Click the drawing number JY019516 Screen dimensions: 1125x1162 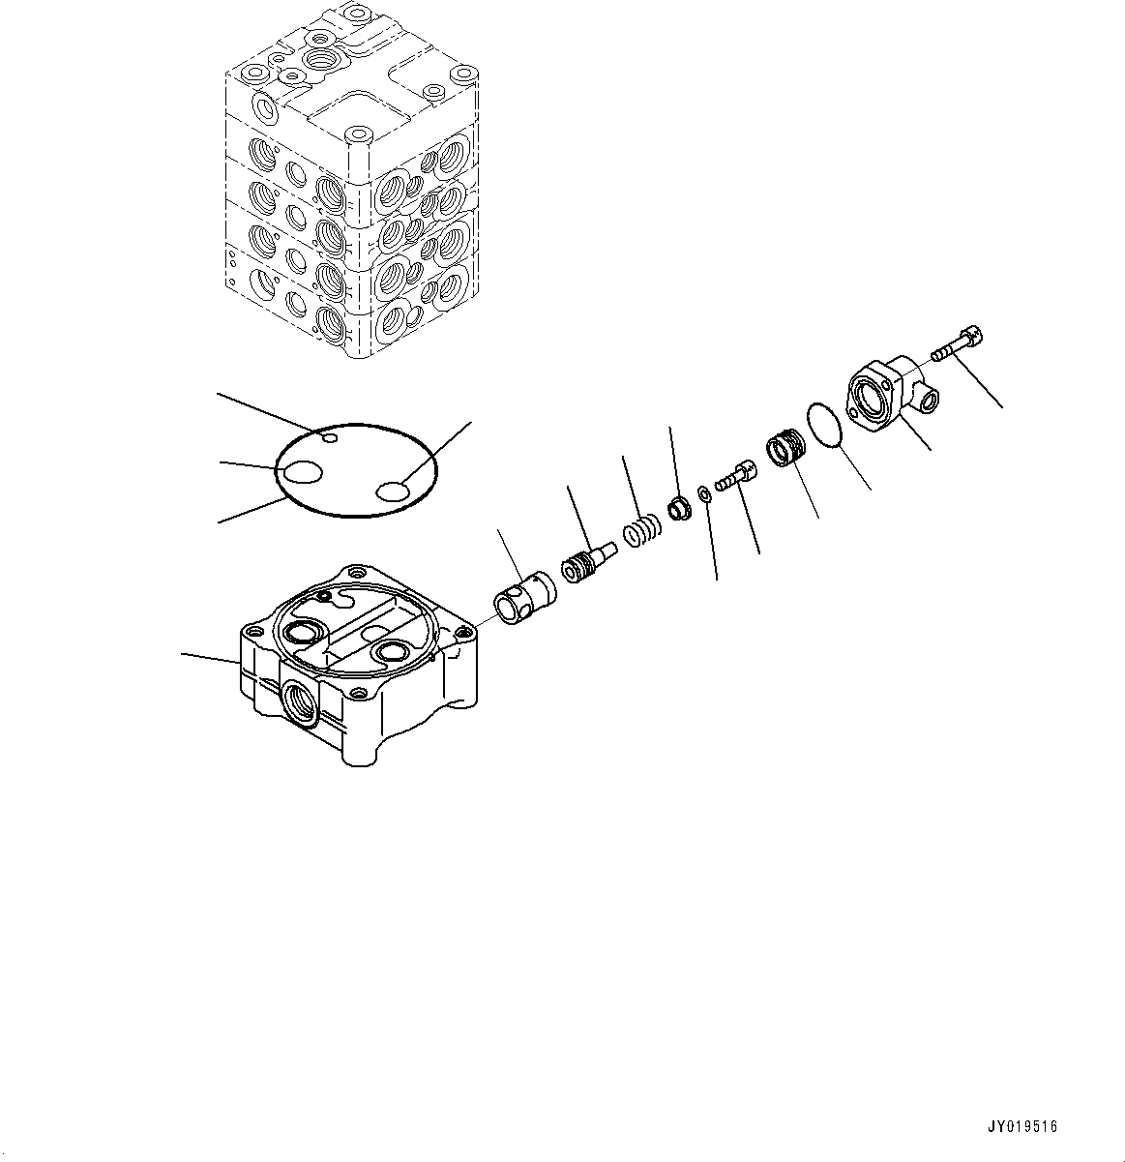tap(1021, 1127)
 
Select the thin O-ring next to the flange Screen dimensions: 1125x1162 tap(824, 425)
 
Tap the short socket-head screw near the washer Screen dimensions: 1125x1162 tap(734, 475)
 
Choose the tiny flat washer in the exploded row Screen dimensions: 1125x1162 tap(703, 493)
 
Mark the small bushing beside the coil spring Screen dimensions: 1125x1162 tap(679, 508)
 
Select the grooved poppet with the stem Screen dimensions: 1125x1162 tap(589, 562)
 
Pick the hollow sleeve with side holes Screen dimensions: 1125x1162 tap(525, 598)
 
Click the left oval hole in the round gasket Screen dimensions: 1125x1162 tap(303, 472)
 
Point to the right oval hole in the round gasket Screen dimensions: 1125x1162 tap(394, 492)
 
